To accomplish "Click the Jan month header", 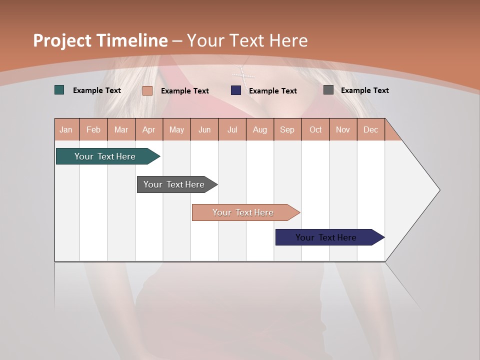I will [66, 129].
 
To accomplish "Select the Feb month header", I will [93, 129].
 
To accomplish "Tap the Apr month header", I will [148, 129].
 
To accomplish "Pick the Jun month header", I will [204, 129].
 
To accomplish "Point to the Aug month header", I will [259, 129].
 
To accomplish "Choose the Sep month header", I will [287, 129].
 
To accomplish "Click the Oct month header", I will [315, 129].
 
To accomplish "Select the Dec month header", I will [370, 129].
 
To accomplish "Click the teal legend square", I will [59, 90].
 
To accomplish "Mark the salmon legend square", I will [147, 90].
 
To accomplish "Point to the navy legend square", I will [236, 90].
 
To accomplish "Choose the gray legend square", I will [328, 90].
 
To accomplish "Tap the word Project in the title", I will [62, 40].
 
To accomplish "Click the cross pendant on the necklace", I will [243, 75].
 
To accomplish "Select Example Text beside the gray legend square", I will [364, 90].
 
